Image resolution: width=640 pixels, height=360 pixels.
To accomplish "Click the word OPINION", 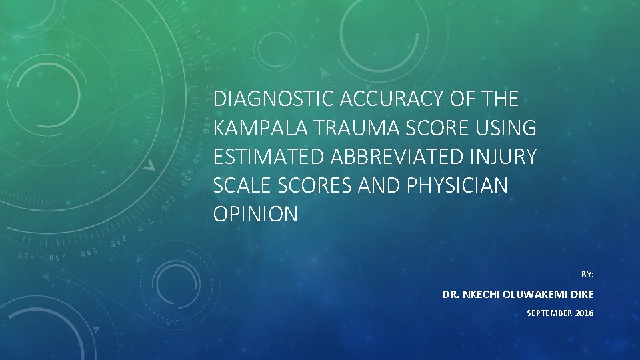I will [255, 214].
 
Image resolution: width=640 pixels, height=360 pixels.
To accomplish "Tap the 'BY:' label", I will [587, 274].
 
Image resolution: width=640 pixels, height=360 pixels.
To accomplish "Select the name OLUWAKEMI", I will [538, 294].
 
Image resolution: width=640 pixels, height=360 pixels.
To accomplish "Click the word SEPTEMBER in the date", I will [549, 313].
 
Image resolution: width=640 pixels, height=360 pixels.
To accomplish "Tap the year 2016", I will [583, 313].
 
